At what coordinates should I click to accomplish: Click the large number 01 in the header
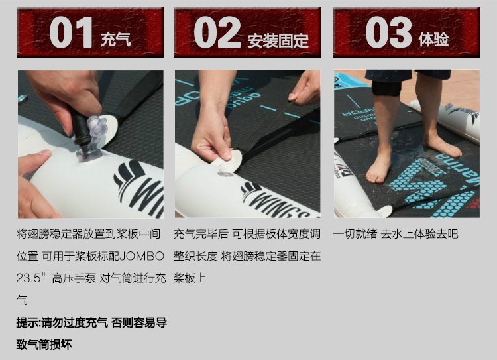click(71, 32)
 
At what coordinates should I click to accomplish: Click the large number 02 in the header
click(217, 32)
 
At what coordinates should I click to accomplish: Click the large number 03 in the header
click(388, 32)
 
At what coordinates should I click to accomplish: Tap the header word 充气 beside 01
click(116, 40)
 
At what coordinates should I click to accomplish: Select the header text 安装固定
click(278, 40)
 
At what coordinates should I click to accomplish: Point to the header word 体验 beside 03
click(433, 40)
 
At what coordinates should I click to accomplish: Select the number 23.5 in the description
click(29, 278)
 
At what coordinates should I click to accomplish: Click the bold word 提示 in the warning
click(28, 323)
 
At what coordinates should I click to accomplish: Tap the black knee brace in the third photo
click(386, 88)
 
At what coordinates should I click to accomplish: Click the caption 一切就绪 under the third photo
click(355, 234)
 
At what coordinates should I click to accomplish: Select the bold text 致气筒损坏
click(44, 345)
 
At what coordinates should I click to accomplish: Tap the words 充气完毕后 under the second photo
click(201, 234)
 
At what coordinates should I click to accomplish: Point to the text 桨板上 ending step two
click(190, 278)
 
